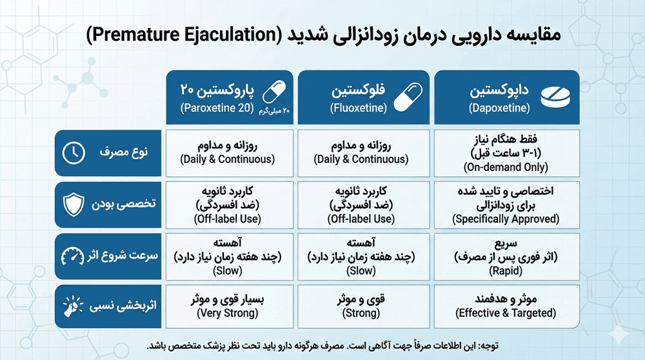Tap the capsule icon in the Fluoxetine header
tap(409, 97)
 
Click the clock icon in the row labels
tap(74, 153)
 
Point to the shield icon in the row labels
tap(74, 205)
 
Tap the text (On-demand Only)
tap(506, 167)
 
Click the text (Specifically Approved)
tap(506, 219)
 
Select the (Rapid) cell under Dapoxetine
tap(506, 258)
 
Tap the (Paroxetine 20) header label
tap(217, 108)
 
